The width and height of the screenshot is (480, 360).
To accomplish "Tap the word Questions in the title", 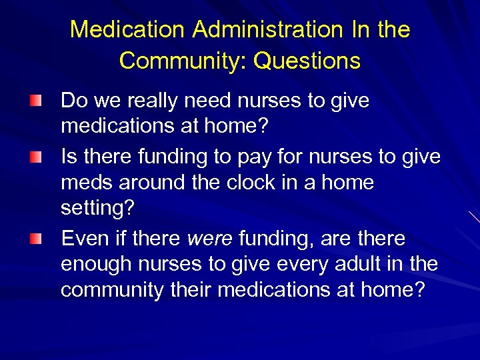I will coord(307,61).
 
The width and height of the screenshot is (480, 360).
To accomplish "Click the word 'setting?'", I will coord(97,207).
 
